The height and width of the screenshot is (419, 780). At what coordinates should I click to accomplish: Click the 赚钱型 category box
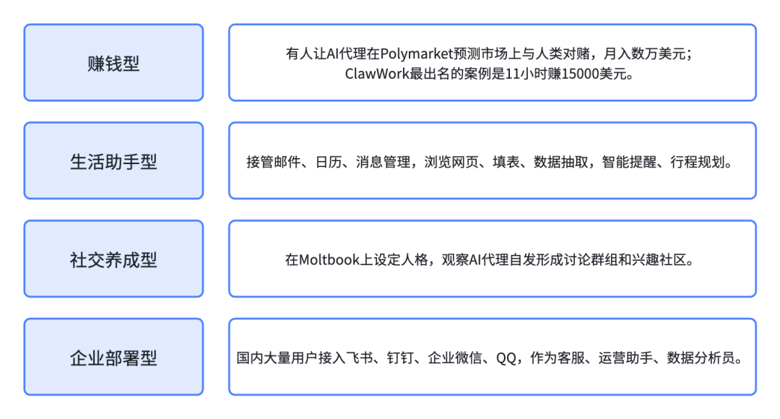pos(113,63)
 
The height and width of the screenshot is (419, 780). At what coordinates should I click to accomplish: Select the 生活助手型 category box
pos(113,161)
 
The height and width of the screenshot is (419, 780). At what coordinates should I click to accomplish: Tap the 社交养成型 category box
pos(113,259)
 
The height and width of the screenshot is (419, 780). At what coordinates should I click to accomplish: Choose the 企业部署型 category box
pos(113,358)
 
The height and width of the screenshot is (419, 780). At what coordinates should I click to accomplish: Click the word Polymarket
pos(415,54)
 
